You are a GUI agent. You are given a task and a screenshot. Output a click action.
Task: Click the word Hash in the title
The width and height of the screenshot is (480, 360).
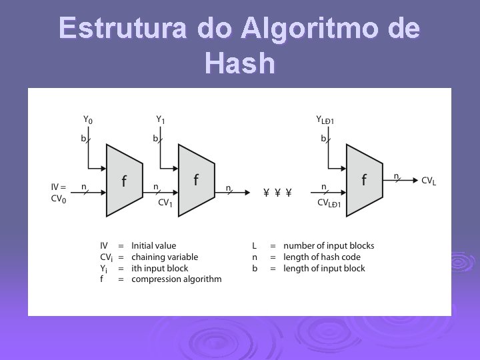[240, 63]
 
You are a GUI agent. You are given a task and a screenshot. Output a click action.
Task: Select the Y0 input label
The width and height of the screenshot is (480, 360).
[88, 120]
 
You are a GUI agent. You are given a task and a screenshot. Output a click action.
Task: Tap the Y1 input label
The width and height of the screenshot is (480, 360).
[161, 120]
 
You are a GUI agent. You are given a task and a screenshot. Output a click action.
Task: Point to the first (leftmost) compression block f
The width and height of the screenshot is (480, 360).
[124, 180]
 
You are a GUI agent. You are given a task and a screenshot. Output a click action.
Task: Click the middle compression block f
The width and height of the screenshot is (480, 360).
[196, 180]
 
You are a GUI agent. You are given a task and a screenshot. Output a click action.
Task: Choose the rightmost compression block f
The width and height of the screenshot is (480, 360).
[364, 180]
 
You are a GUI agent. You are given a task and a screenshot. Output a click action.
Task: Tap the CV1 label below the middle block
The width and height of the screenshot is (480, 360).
[165, 203]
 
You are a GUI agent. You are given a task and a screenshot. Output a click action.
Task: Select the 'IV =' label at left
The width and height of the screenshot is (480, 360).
[59, 187]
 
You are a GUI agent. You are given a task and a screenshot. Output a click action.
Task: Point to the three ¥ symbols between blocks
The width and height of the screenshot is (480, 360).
[277, 193]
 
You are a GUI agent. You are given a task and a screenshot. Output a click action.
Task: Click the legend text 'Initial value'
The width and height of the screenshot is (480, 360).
[154, 246]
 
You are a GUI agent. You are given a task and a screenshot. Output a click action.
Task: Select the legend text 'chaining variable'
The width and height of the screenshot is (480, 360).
[165, 257]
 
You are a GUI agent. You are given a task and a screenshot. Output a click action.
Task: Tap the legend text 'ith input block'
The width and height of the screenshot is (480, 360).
[160, 269]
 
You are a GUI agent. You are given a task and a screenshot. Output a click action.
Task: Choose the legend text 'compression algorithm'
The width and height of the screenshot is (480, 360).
[177, 279]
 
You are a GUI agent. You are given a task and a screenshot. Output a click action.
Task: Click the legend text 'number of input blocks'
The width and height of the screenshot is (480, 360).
[329, 246]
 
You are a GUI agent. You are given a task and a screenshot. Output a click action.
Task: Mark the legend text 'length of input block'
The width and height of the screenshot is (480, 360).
[324, 269]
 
